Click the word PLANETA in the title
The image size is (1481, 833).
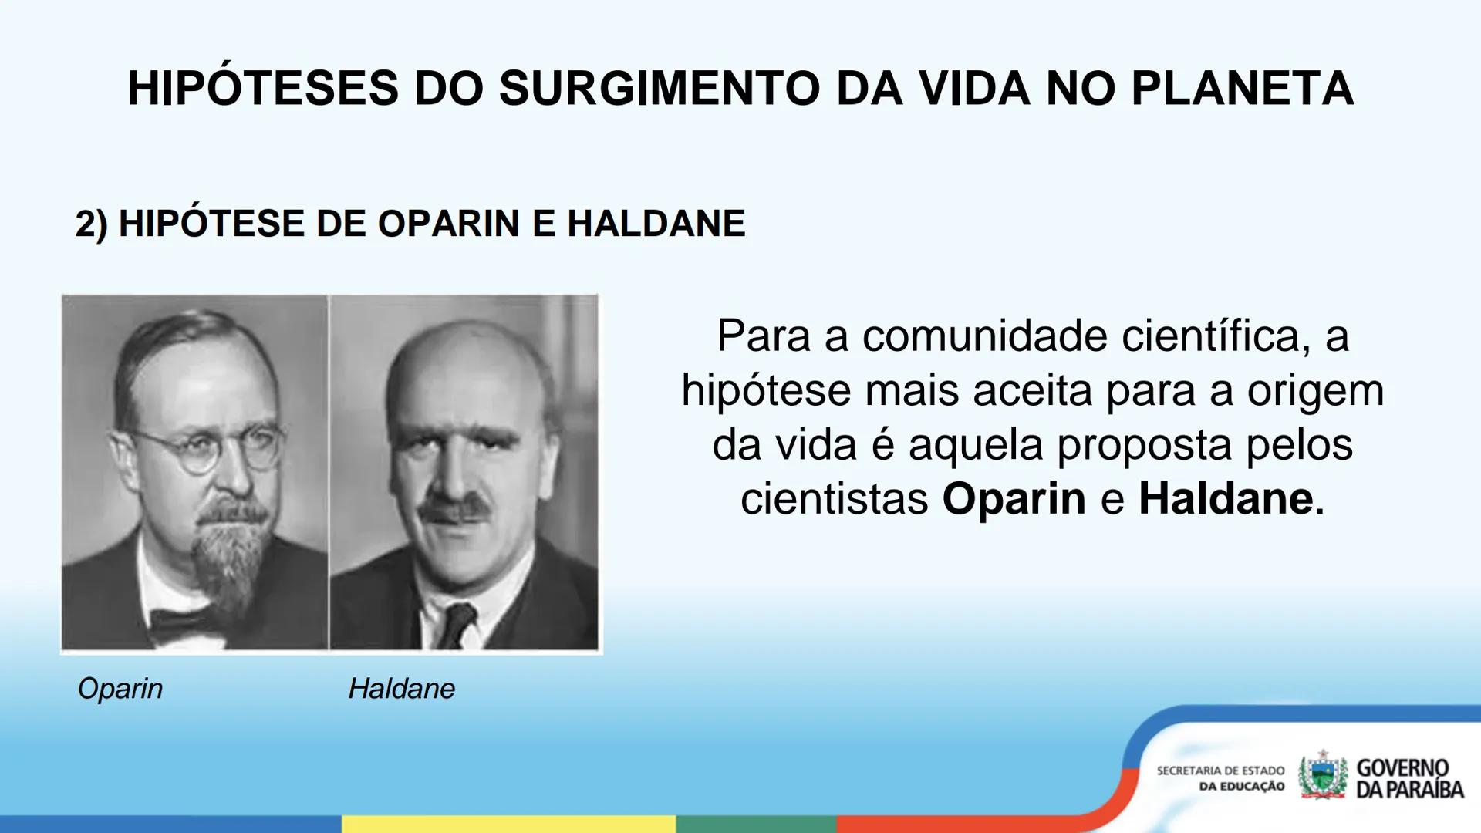[1242, 88]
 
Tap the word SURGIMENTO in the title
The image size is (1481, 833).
[660, 88]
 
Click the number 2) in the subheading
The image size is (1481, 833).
[91, 224]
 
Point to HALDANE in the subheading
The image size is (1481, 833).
[656, 224]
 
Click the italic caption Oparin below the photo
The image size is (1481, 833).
[120, 688]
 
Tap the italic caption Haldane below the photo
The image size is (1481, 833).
[401, 688]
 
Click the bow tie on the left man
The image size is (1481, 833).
[185, 622]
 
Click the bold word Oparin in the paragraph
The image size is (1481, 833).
[1014, 498]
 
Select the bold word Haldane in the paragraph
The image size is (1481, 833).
[1226, 498]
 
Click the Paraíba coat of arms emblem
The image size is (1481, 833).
[1322, 776]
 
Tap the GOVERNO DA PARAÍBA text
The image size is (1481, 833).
[1408, 778]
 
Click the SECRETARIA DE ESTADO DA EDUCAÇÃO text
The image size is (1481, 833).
[1220, 778]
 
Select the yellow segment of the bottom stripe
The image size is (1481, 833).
[509, 824]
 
